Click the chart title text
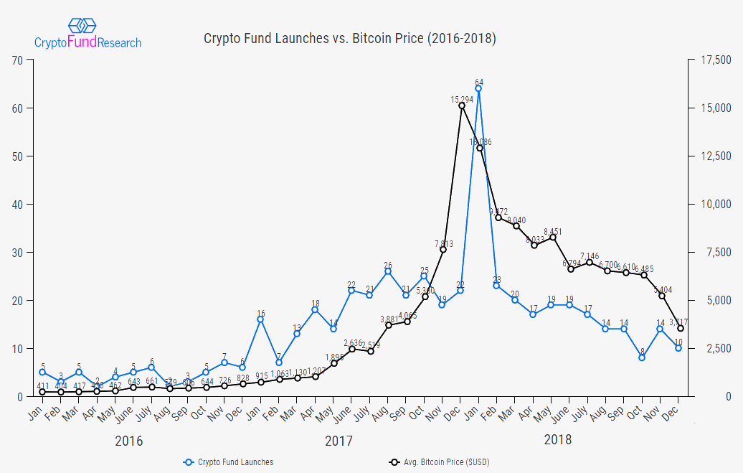click(350, 38)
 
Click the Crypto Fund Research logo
click(87, 34)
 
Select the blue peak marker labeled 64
click(478, 89)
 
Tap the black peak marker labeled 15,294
click(461, 106)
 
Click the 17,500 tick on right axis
click(714, 60)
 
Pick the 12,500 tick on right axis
click(714, 156)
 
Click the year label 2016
click(129, 441)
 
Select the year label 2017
click(339, 441)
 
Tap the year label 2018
click(558, 439)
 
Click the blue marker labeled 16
click(260, 319)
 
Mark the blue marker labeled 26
click(388, 271)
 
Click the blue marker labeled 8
click(643, 357)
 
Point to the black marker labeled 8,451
click(553, 238)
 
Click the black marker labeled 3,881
click(388, 325)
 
